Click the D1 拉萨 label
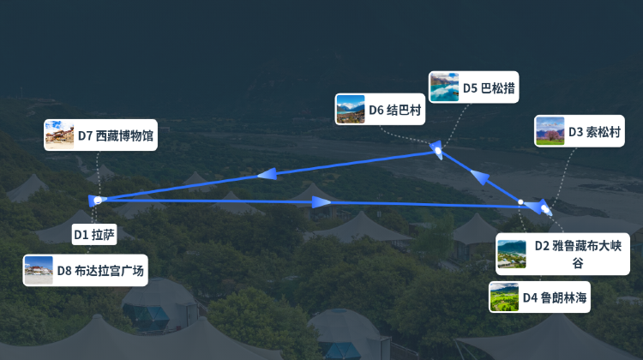click(94, 235)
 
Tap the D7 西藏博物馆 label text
click(116, 135)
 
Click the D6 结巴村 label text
click(395, 110)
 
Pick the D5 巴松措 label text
click(489, 87)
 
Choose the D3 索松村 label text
click(594, 132)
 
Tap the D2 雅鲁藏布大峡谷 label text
click(578, 255)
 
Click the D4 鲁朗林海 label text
click(555, 297)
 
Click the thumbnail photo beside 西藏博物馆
click(59, 135)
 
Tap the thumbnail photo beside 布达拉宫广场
click(39, 270)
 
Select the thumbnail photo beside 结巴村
click(350, 110)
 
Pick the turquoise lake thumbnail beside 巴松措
click(444, 87)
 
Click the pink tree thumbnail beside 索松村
click(550, 131)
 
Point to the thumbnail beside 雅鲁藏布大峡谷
click(511, 255)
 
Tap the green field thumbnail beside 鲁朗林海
click(504, 297)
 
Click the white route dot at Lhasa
click(98, 200)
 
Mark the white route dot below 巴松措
click(438, 151)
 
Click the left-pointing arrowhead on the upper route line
click(267, 174)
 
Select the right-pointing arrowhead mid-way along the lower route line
click(321, 201)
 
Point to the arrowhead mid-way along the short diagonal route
click(480, 177)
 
